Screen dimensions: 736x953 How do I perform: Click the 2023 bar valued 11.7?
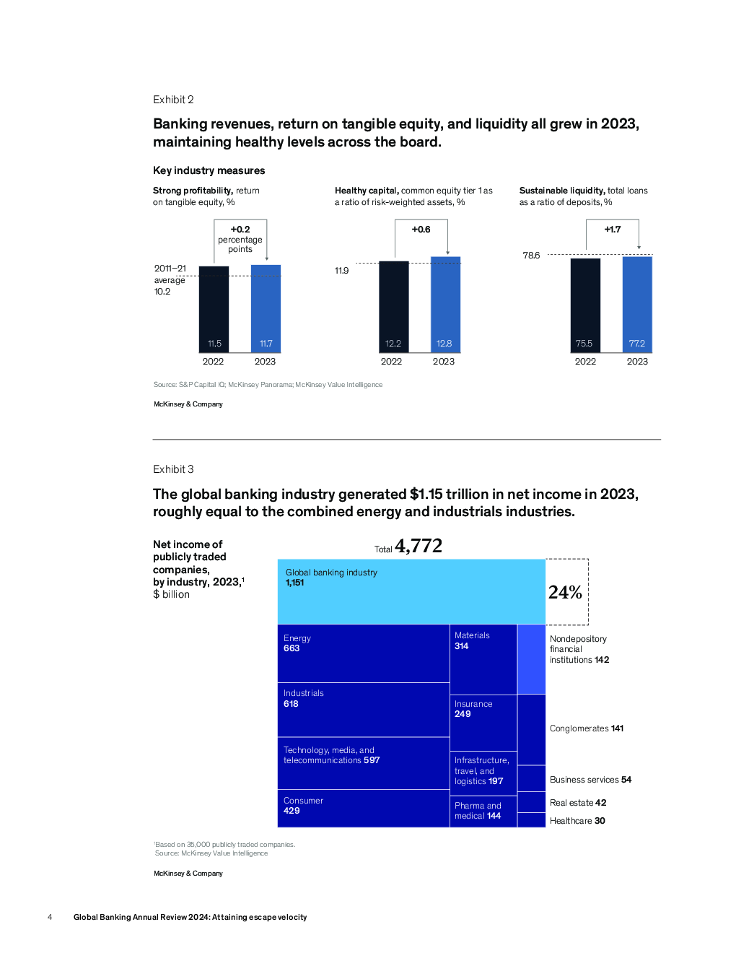click(266, 309)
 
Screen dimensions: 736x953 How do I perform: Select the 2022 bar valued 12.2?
click(394, 307)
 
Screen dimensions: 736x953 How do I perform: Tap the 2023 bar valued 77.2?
click(637, 305)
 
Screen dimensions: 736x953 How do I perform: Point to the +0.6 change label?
click(421, 230)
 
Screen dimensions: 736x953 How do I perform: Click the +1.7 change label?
click(613, 230)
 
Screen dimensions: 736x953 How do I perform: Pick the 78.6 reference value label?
click(531, 256)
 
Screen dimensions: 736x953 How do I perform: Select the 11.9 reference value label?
click(341, 271)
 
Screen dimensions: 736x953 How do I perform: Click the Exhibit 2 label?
click(173, 100)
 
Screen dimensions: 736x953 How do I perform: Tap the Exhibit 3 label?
click(173, 469)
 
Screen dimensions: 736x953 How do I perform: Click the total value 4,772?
click(419, 547)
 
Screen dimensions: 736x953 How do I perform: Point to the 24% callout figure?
click(565, 593)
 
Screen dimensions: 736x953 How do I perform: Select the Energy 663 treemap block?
click(364, 653)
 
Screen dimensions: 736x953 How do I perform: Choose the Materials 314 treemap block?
click(483, 659)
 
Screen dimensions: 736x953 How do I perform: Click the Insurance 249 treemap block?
click(483, 723)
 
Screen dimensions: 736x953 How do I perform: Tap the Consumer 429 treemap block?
click(364, 809)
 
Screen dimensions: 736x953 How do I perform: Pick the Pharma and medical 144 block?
click(483, 811)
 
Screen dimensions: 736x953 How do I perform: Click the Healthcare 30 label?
click(577, 821)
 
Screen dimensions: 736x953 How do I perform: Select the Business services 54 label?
click(590, 779)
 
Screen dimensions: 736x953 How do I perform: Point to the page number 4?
click(50, 917)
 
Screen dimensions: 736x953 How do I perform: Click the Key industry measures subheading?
click(209, 170)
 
